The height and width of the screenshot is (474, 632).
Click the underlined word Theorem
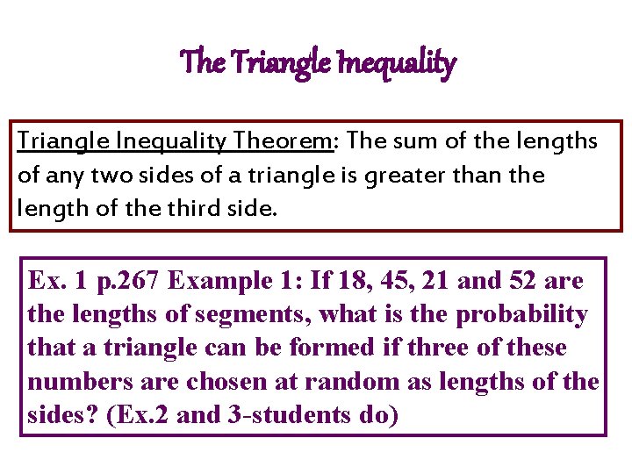click(277, 141)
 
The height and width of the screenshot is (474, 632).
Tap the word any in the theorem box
click(63, 176)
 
